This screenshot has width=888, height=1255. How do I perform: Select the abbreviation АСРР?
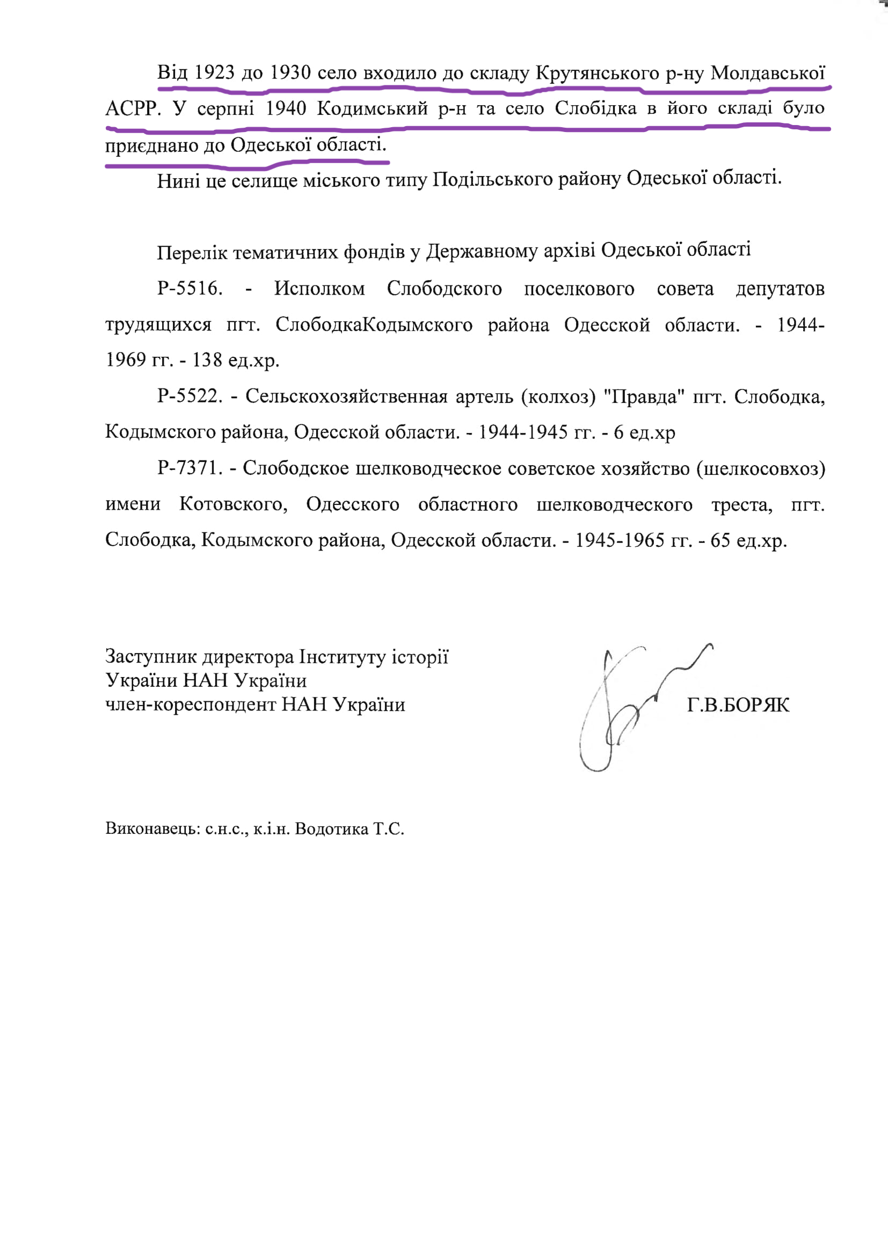tap(133, 109)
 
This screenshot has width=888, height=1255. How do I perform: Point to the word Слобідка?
tap(595, 108)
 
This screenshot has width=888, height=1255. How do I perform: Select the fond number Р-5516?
tap(190, 288)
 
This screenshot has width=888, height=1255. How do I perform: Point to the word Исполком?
tap(319, 288)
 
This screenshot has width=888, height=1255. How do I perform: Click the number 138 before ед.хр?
tap(207, 359)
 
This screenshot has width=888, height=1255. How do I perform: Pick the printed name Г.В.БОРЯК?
tap(738, 706)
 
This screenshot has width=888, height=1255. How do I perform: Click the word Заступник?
tap(151, 656)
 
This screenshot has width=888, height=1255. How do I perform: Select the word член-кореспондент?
tap(191, 704)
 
